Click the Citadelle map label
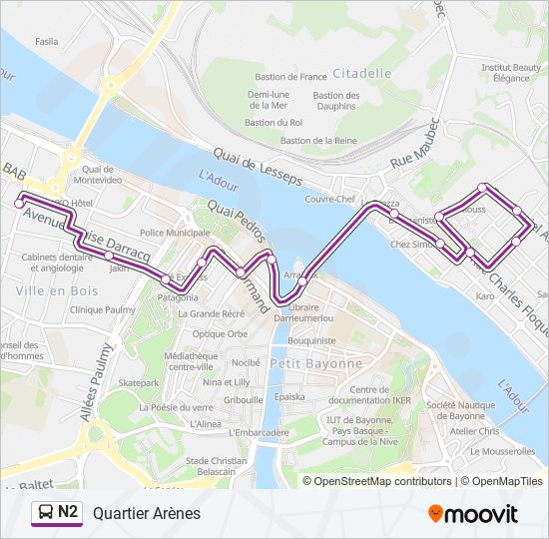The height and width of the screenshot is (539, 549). pos(362,73)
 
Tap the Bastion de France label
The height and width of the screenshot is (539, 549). pos(290,77)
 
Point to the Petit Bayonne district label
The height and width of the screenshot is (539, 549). pos(317,363)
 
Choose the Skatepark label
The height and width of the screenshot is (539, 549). pos(138,382)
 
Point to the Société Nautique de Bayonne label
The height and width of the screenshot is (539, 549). pos(460,410)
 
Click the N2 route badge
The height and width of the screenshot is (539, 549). pos(68,512)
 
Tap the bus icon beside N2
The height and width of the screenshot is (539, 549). pos(46,513)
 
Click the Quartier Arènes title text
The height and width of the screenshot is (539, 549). pos(147,513)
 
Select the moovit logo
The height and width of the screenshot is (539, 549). pos(473,513)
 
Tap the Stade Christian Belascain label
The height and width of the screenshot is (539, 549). pos(216,466)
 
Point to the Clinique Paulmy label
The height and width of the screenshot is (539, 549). pos(102,309)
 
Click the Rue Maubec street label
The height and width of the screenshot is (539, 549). pos(415,145)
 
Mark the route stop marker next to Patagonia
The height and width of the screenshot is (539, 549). pos(166,282)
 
